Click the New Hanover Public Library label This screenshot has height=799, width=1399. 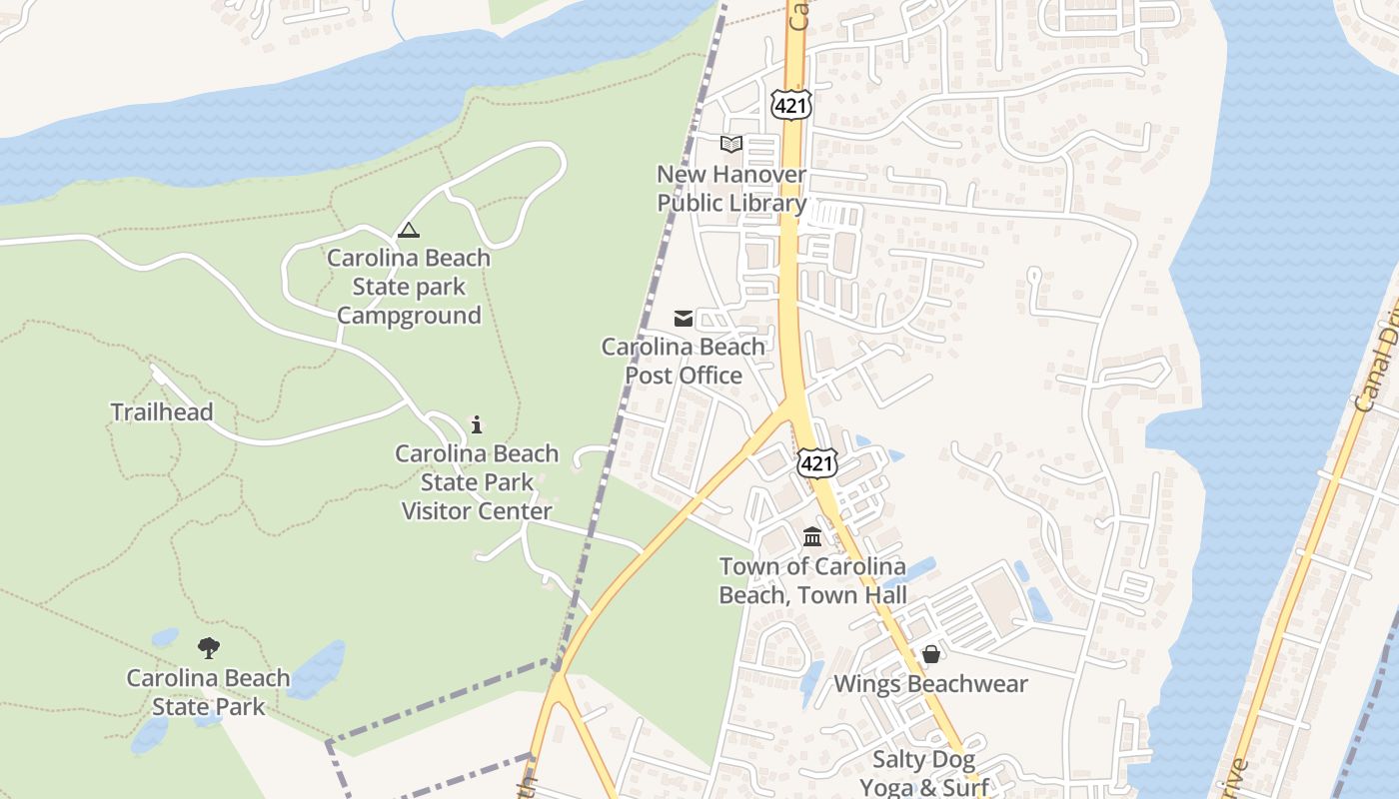[731, 189]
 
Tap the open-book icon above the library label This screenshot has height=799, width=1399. [731, 144]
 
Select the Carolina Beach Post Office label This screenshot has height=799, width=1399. [684, 361]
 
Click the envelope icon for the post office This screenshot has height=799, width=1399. [684, 319]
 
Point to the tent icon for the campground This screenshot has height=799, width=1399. [409, 231]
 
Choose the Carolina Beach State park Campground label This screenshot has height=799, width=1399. [409, 287]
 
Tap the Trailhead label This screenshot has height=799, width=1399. [162, 411]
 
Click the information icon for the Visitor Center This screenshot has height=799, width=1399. [477, 424]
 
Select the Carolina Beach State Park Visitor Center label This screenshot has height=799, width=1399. [477, 482]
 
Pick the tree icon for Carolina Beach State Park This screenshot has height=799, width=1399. [209, 648]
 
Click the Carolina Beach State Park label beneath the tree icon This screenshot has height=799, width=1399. [209, 692]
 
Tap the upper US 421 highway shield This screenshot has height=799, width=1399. [790, 104]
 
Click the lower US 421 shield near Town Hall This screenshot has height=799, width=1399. [816, 462]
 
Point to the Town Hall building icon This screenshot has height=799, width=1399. [812, 537]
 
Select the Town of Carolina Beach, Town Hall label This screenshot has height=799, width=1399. [812, 580]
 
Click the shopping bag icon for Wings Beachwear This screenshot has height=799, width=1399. [931, 654]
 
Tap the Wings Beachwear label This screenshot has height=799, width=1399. [930, 684]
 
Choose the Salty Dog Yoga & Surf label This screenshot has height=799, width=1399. [924, 773]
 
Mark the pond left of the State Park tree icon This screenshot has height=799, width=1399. [164, 637]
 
